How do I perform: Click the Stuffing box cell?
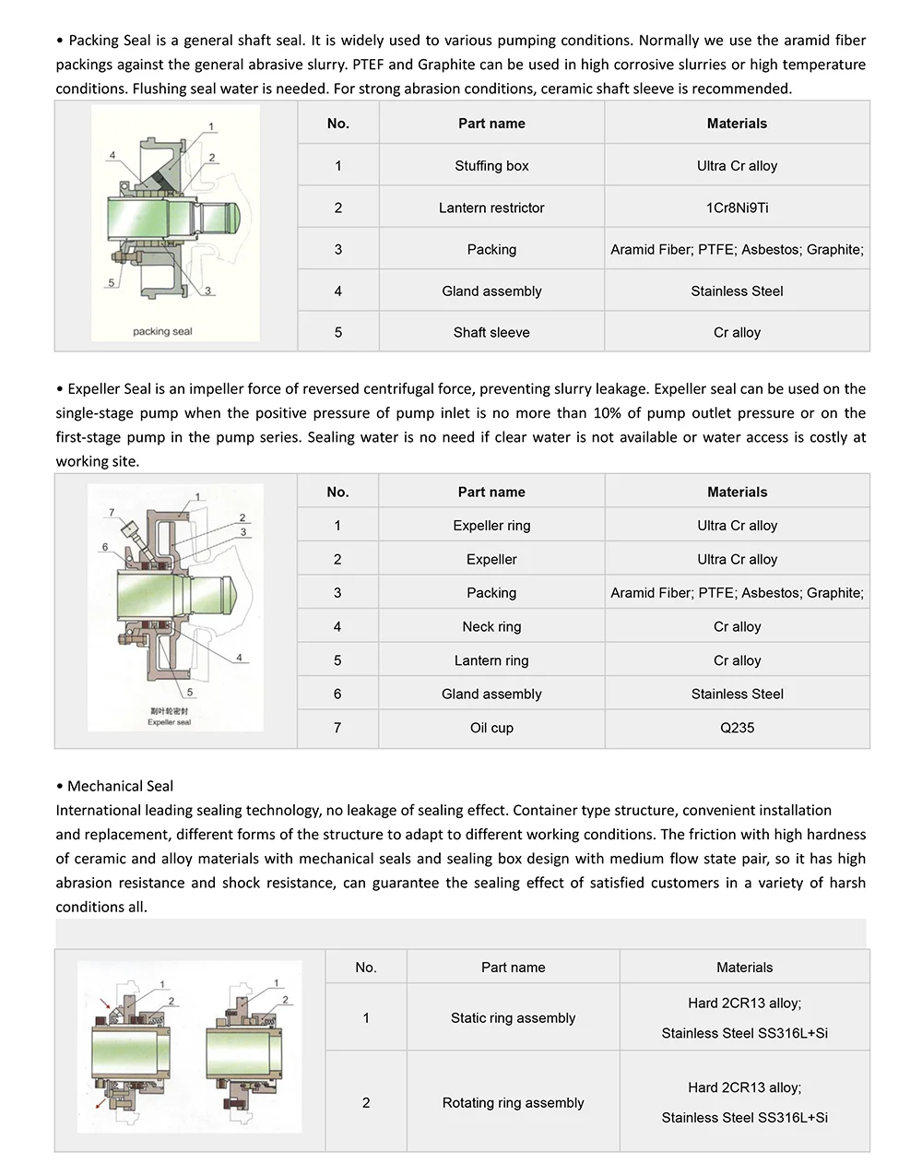491,166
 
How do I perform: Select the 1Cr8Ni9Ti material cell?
737,208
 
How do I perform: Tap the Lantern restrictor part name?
491,208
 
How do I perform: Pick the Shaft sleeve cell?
491,332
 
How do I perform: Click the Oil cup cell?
491,728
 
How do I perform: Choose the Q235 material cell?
737,728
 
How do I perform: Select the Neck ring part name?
491,626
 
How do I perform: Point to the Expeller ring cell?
491,526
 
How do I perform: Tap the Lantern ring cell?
491,660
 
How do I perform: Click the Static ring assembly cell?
513,1018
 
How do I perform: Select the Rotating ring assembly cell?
513,1103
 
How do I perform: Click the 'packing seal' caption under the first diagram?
162,331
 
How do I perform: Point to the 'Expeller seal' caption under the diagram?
169,722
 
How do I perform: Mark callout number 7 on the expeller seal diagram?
112,513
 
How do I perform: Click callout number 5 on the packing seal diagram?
112,283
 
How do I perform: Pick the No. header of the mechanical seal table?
366,968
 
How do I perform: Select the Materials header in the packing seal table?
737,124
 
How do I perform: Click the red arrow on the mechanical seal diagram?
110,1003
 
